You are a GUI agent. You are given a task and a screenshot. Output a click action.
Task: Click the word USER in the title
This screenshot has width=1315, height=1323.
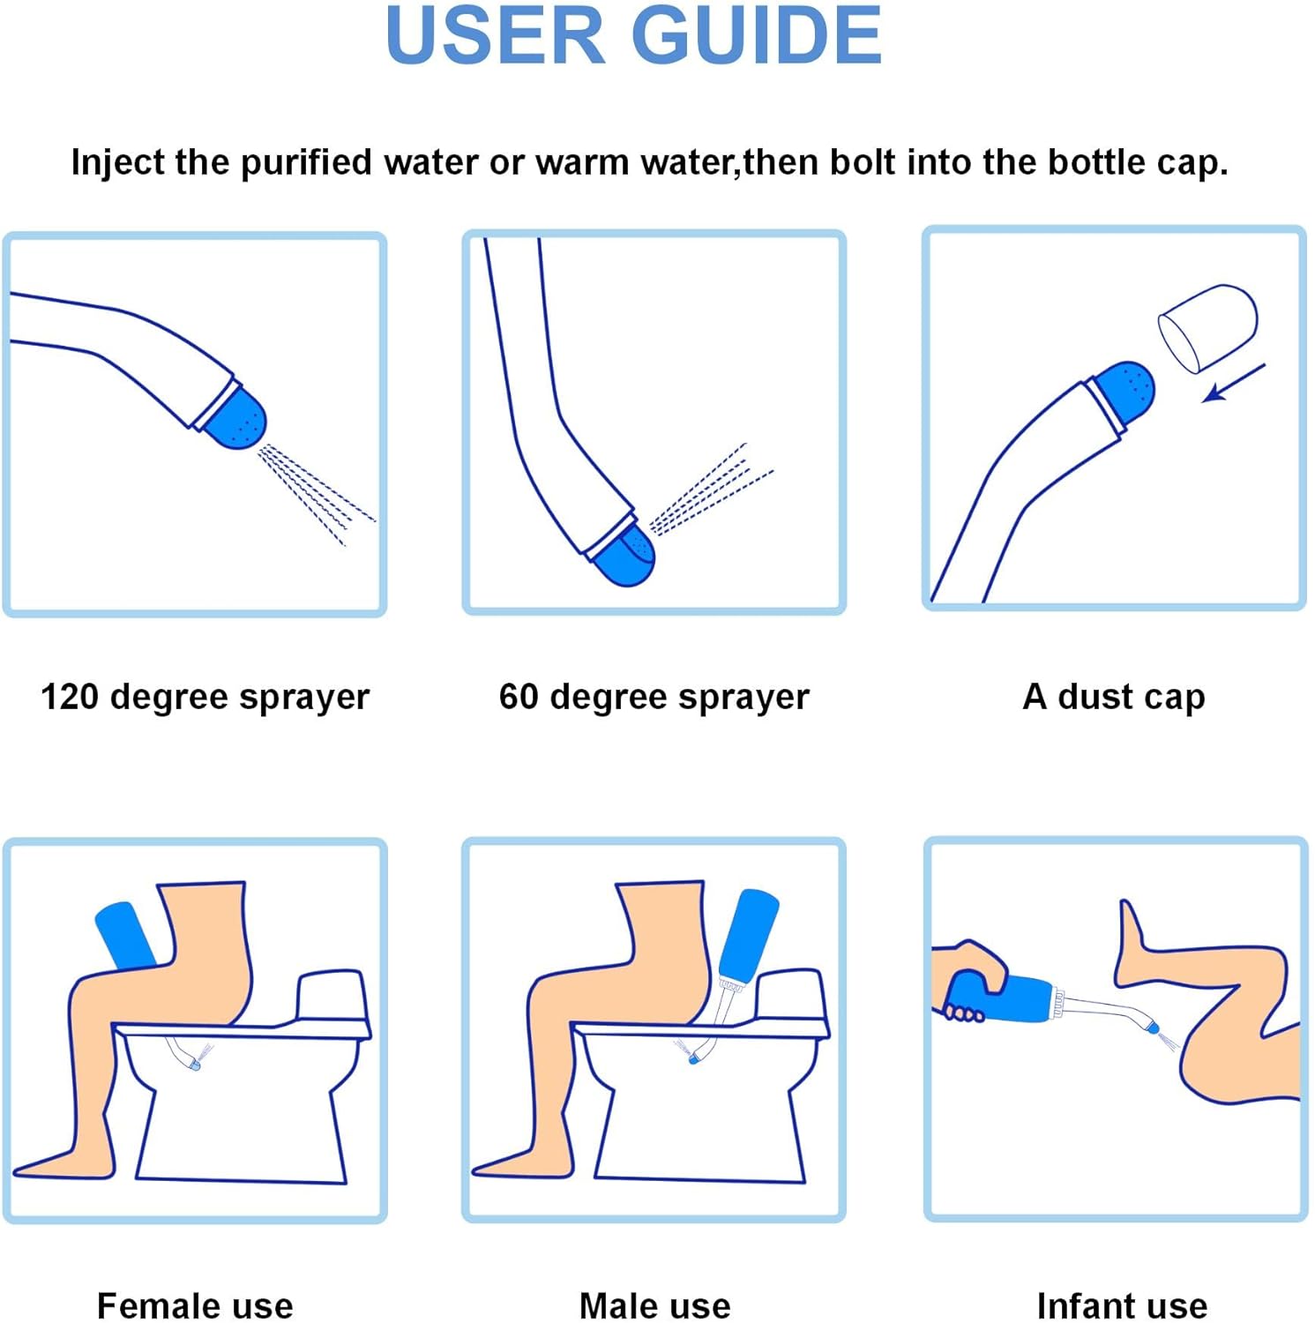click(495, 35)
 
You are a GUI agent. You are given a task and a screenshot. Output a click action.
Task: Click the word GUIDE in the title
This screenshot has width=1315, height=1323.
click(756, 35)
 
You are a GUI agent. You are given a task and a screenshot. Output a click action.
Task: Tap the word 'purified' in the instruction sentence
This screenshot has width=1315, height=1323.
click(306, 163)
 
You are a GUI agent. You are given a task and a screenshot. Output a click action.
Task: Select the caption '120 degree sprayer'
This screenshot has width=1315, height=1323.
click(205, 697)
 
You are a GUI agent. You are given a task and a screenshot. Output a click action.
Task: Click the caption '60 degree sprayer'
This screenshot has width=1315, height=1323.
click(654, 697)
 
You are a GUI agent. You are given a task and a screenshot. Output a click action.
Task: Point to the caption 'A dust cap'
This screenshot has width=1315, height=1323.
click(1113, 697)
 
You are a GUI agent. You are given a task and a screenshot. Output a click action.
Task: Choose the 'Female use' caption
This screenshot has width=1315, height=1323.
click(195, 1305)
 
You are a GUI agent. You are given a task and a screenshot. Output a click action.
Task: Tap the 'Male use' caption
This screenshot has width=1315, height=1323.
click(654, 1305)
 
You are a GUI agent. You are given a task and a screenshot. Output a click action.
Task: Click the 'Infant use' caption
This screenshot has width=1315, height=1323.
click(1121, 1305)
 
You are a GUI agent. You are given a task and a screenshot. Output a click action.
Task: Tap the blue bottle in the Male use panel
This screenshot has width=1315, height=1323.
click(748, 933)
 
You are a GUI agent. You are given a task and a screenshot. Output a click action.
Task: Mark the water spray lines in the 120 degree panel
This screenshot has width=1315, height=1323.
click(316, 492)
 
